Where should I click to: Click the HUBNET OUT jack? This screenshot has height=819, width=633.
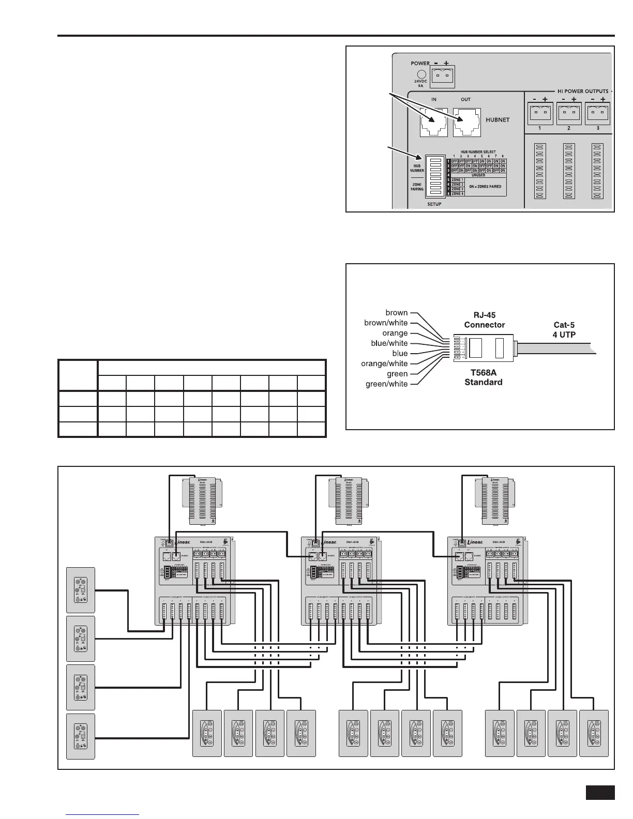[466, 123]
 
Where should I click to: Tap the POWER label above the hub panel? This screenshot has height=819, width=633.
[420, 64]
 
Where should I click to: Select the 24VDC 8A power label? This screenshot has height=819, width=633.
[420, 84]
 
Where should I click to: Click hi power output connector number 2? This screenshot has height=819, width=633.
[568, 113]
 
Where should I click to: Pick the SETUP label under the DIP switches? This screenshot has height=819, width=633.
[434, 204]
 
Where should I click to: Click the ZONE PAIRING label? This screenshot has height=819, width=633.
[417, 187]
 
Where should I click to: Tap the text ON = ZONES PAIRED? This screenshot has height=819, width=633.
[485, 186]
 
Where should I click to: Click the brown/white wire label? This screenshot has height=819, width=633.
[386, 323]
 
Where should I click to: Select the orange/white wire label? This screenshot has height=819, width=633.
[384, 363]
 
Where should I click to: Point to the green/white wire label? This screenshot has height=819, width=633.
[386, 384]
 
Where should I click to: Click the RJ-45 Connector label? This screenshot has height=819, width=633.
[484, 320]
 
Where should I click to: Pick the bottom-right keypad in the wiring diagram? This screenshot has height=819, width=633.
[594, 733]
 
